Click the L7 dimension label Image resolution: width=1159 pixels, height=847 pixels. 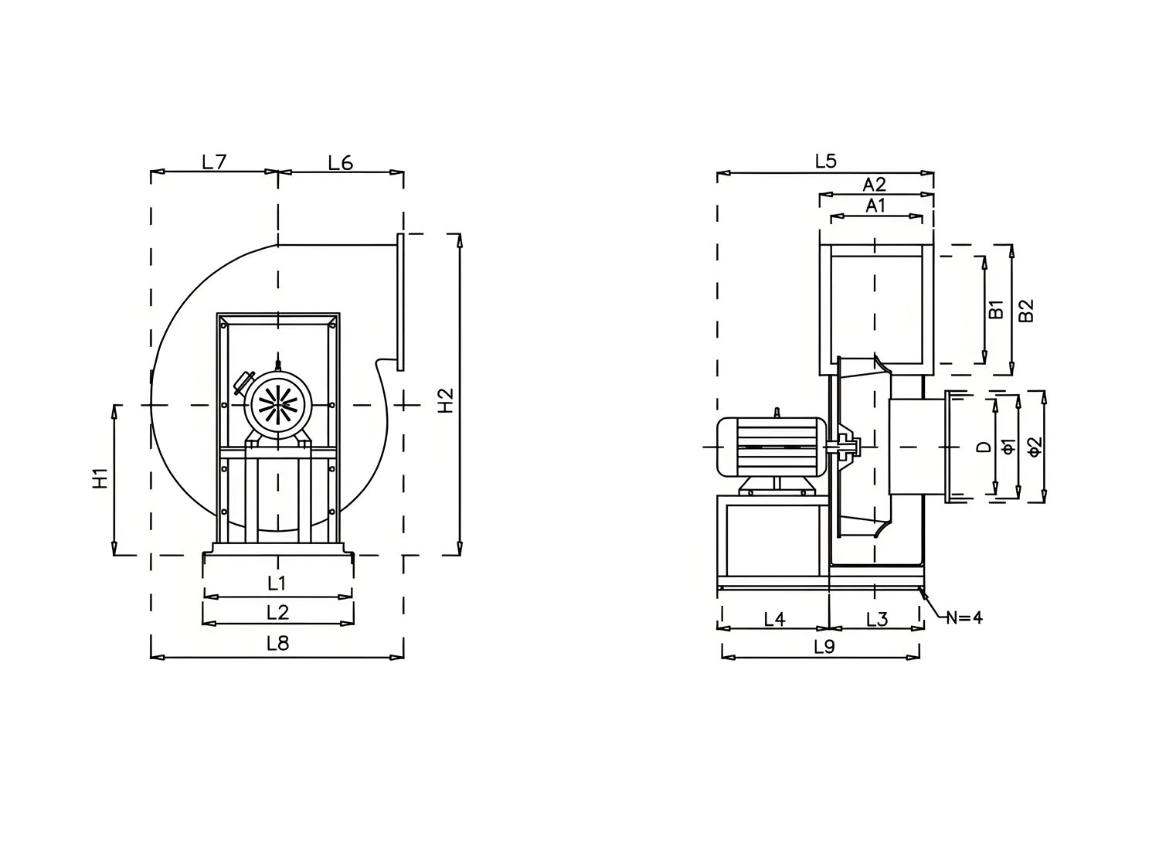click(214, 162)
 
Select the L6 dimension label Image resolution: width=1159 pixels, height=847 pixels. click(341, 163)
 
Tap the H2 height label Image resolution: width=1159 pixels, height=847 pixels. click(446, 400)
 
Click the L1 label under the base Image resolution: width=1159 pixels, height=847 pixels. click(277, 583)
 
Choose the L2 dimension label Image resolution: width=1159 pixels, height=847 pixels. click(278, 613)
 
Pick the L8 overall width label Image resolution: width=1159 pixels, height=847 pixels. click(278, 644)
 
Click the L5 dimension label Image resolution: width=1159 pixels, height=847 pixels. click(826, 162)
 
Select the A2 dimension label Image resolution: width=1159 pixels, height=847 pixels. click(875, 184)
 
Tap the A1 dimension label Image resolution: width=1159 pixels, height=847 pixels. click(875, 206)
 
